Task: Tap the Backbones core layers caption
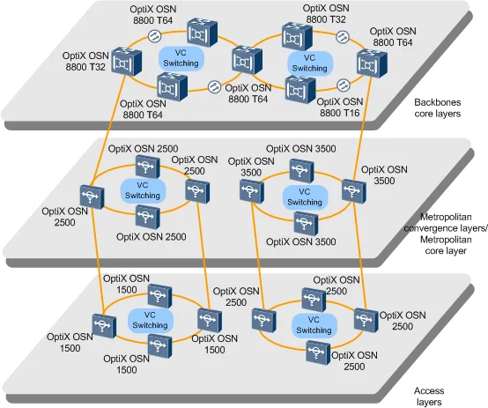coord(447,108)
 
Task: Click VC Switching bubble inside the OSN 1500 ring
coord(148,318)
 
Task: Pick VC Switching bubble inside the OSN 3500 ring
coord(305,197)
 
